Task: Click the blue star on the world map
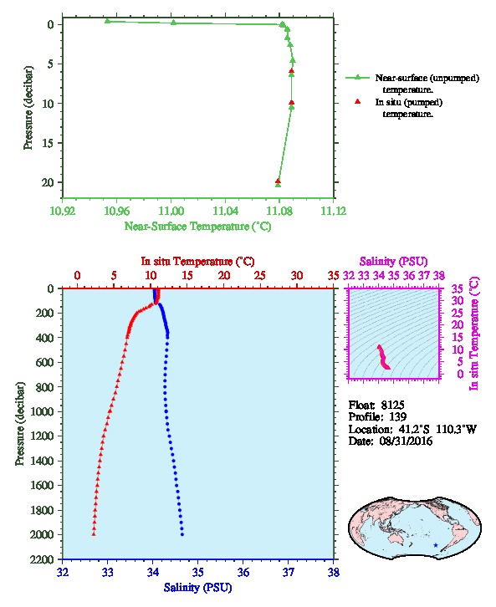[436, 545]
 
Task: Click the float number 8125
[392, 406]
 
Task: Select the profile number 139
[397, 417]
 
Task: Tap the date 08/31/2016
[406, 441]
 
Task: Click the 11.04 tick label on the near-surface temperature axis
[225, 211]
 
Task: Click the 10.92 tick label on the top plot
[63, 211]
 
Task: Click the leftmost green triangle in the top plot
[108, 21]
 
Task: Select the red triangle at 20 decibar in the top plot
[278, 181]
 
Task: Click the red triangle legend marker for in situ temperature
[358, 101]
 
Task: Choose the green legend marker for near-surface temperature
[358, 78]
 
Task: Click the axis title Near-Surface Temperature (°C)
[197, 227]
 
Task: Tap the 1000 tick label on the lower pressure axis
[42, 411]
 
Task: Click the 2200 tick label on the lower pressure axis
[42, 559]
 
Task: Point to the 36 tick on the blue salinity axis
[243, 572]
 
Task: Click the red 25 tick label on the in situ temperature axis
[260, 276]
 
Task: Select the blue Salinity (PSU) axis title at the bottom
[198, 588]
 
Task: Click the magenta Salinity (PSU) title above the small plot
[393, 262]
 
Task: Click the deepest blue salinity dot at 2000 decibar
[182, 534]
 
